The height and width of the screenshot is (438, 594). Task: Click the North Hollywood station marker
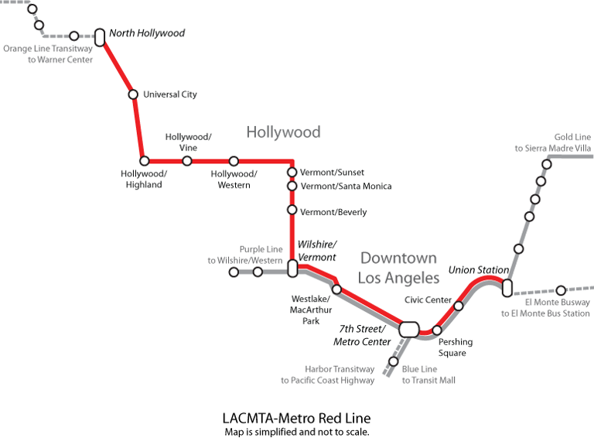click(100, 36)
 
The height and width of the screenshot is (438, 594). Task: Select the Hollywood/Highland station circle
click(144, 161)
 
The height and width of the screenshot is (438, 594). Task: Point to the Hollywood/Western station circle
click(234, 161)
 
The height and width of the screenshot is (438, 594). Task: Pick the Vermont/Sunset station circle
click(292, 172)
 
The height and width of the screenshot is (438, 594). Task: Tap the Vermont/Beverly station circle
click(292, 210)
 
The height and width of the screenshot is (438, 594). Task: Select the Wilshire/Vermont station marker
click(292, 269)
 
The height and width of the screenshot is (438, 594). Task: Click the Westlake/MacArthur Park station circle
click(336, 289)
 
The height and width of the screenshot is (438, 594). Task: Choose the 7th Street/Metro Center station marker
click(409, 329)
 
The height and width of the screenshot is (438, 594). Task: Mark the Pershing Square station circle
click(436, 330)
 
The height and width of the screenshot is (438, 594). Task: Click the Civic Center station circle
click(459, 306)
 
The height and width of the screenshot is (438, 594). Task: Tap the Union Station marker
click(507, 287)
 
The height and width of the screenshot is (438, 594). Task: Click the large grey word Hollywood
click(283, 132)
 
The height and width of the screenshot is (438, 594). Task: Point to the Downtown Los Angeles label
click(399, 267)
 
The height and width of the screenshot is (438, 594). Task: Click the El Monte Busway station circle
click(562, 290)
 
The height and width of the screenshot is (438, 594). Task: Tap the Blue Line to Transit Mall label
click(428, 375)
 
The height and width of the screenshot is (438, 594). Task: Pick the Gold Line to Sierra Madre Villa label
click(552, 142)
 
